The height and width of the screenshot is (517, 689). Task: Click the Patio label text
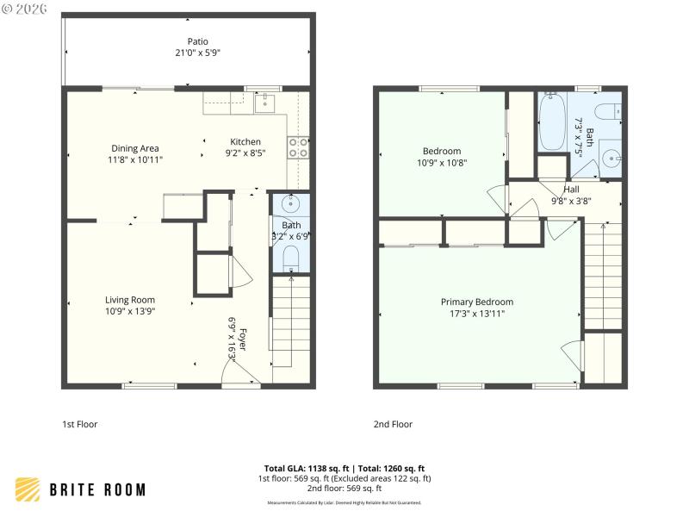[198, 41]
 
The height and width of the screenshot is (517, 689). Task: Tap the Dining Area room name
[136, 147]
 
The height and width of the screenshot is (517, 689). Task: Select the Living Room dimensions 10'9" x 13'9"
[130, 311]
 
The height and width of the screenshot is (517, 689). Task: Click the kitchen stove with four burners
[298, 147]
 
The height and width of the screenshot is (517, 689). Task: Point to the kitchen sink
[265, 104]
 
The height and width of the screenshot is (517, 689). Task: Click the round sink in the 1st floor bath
[290, 205]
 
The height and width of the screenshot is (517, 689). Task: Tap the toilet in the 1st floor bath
[291, 256]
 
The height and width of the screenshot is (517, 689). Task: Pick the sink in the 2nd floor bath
[610, 159]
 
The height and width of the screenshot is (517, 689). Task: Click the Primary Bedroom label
[477, 302]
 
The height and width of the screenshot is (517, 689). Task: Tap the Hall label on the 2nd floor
[571, 190]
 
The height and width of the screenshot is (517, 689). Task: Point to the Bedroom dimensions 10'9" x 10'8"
[442, 162]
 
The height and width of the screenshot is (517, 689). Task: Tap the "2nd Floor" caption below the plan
[393, 424]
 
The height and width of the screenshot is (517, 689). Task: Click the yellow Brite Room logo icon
[28, 489]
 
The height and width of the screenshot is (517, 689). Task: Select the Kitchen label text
[245, 142]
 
